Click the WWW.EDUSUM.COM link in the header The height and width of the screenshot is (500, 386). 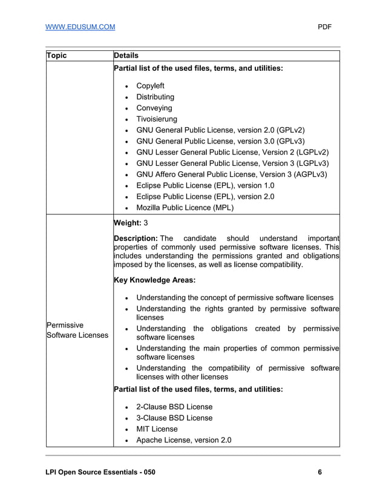click(80, 27)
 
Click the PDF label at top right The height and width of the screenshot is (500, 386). click(325, 27)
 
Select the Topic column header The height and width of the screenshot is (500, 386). click(57, 56)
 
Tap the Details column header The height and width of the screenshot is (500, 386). click(126, 56)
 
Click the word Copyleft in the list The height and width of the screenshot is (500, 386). click(150, 86)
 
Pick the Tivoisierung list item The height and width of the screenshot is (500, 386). click(157, 119)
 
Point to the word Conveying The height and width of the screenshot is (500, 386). click(154, 108)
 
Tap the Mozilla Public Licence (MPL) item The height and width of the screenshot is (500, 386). click(185, 208)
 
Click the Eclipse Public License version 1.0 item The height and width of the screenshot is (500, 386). click(205, 186)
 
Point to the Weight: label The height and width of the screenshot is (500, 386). click(128, 223)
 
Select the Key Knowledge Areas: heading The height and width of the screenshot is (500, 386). click(154, 280)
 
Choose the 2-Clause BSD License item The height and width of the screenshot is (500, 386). click(174, 407)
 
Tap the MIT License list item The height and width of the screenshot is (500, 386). click(157, 429)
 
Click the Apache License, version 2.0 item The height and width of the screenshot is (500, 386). click(183, 440)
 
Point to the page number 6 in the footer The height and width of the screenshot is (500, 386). click(319, 472)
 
